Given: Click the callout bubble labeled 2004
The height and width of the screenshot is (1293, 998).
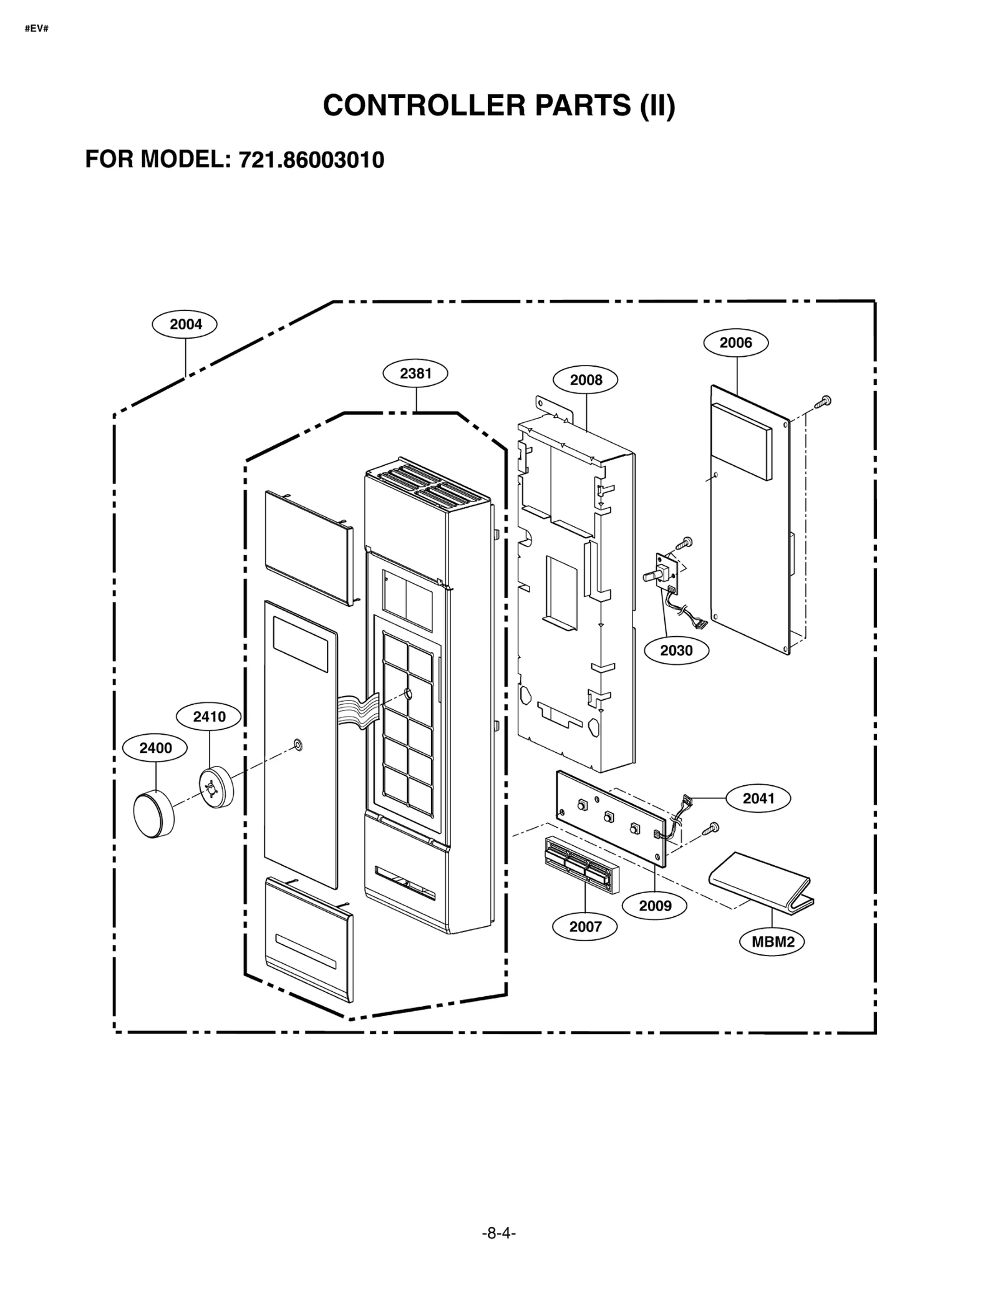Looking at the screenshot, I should pyautogui.click(x=185, y=324).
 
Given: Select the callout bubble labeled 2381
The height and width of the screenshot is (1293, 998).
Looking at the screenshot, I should pyautogui.click(x=415, y=373).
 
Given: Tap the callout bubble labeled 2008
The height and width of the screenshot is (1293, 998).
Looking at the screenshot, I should pyautogui.click(x=585, y=380).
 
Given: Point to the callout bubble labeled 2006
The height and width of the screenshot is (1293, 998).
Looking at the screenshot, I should pyautogui.click(x=735, y=342).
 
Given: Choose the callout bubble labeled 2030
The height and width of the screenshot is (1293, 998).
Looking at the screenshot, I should pyautogui.click(x=676, y=651).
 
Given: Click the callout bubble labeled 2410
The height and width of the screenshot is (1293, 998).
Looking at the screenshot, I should pyautogui.click(x=209, y=717).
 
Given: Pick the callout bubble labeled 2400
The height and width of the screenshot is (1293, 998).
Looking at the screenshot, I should pyautogui.click(x=155, y=748).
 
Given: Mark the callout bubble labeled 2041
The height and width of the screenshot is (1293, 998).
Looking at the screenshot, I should pyautogui.click(x=758, y=798).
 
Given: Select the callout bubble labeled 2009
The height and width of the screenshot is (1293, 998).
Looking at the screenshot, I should pyautogui.click(x=654, y=906).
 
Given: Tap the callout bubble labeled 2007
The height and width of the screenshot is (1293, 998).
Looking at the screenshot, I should pyautogui.click(x=584, y=927).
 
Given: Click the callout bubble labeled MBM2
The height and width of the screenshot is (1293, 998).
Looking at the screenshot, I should pyautogui.click(x=772, y=942).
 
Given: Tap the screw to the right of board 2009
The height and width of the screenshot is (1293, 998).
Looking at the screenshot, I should pyautogui.click(x=712, y=828).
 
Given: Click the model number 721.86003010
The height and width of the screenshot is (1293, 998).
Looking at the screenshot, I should pyautogui.click(x=312, y=160).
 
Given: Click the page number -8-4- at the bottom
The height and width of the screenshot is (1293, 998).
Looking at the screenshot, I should pyautogui.click(x=498, y=1233).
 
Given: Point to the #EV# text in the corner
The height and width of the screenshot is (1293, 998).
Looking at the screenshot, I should pyautogui.click(x=37, y=29).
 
